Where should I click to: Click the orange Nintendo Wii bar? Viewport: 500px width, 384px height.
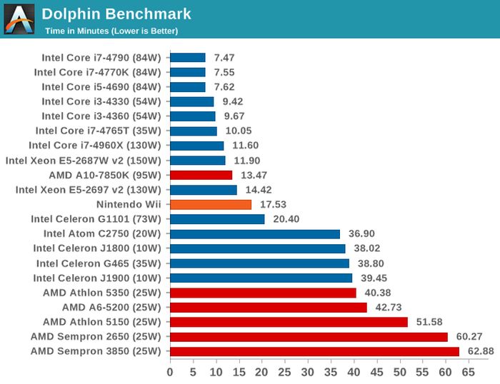tap(211, 204)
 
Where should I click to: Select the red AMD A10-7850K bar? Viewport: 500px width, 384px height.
tap(201, 175)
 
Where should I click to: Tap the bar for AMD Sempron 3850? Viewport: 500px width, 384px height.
tap(314, 351)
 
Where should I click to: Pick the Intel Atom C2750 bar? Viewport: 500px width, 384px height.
tap(254, 233)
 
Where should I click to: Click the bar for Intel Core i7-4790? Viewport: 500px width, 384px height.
tap(187, 58)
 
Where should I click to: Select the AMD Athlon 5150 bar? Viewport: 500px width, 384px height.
tap(289, 322)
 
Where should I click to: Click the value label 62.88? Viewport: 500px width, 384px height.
tap(481, 351)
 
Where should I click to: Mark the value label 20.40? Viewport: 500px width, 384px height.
tap(286, 219)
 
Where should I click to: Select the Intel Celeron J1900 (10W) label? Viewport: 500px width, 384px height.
tap(98, 278)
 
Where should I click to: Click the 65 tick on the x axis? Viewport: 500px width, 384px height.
tap(469, 372)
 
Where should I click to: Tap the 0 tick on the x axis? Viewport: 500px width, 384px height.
tap(170, 372)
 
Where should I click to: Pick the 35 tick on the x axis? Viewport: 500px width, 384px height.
tap(331, 372)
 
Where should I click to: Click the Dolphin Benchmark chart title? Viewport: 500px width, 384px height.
tap(116, 14)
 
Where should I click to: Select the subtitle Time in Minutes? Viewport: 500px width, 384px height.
tap(111, 31)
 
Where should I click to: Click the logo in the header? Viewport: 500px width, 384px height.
tap(19, 19)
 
